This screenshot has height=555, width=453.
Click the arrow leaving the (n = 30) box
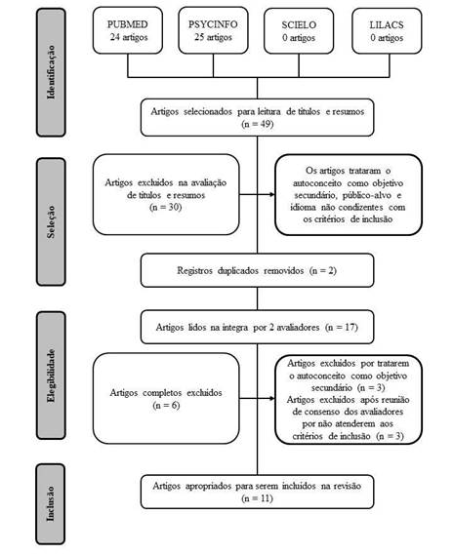pos(256,193)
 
